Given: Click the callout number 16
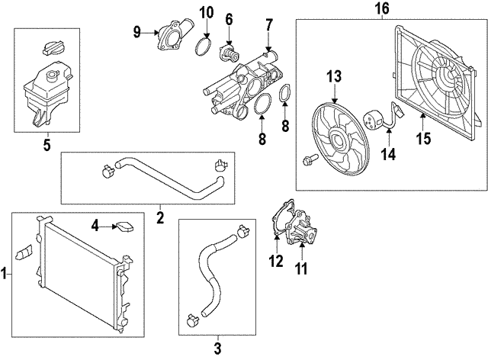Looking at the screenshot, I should click(382, 9).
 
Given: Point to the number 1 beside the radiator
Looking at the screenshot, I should click(5, 272).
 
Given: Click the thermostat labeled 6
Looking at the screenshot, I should click(226, 51).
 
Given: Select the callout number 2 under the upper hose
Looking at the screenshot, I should click(160, 218).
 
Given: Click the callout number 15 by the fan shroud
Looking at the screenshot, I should click(423, 139).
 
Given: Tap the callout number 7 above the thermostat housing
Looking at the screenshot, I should click(268, 24).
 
